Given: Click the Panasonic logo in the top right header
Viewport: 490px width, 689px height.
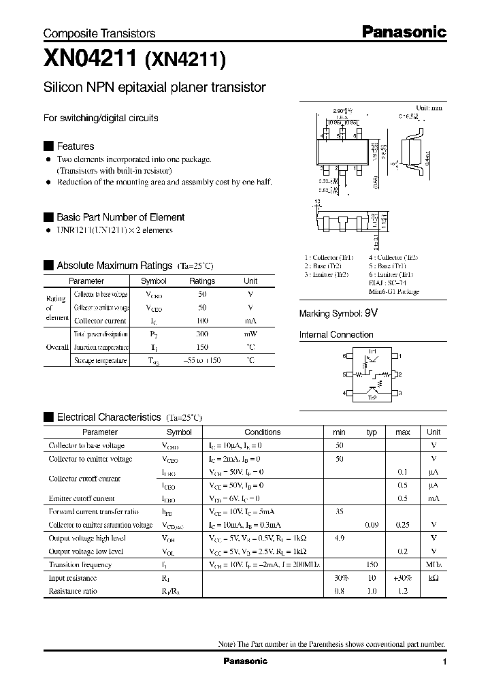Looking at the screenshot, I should [x=403, y=31].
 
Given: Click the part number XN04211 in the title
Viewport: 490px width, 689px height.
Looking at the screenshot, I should [x=90, y=59].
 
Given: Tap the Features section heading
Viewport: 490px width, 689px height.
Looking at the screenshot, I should [x=75, y=146].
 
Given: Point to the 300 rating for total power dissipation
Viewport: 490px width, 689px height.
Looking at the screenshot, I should [x=201, y=334].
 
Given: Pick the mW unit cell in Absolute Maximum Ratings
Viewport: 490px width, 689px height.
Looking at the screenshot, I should [x=250, y=334].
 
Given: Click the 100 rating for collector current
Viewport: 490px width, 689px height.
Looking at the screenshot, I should [x=201, y=321].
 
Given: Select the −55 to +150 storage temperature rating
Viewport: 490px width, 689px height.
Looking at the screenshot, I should [x=201, y=360].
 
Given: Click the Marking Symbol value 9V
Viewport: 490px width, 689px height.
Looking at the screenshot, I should [x=371, y=313].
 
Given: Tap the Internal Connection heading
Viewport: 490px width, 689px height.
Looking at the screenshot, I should [x=336, y=335].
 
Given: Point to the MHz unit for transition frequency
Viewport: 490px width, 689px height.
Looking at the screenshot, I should [x=434, y=564].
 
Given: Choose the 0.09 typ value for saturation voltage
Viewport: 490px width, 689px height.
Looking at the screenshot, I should [x=372, y=525].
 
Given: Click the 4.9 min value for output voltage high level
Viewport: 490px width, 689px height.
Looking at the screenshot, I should [x=339, y=538].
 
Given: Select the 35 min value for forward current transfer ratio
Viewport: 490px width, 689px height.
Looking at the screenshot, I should [x=339, y=511].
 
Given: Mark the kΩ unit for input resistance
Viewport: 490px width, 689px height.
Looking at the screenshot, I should [x=434, y=578].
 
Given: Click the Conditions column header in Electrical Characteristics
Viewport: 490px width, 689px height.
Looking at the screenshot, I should [x=262, y=432].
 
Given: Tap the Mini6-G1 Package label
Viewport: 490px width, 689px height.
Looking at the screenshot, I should [x=394, y=291].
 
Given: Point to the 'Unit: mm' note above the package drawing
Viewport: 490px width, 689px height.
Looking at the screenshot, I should [x=429, y=108].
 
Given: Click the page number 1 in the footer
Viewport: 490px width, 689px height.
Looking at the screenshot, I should [x=444, y=662].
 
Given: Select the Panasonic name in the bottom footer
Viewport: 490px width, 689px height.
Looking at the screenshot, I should [x=246, y=661].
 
